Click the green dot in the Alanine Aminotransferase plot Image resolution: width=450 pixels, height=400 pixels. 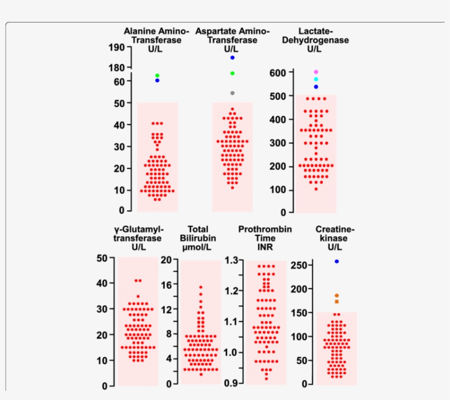(157, 76)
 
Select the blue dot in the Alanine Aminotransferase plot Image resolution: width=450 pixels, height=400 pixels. (157, 81)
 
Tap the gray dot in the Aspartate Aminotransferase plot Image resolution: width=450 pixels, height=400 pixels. (233, 93)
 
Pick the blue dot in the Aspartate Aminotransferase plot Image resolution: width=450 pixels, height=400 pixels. (233, 58)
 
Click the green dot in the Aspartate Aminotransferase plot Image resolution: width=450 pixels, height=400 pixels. (233, 73)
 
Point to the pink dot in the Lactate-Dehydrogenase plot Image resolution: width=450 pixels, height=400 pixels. (316, 72)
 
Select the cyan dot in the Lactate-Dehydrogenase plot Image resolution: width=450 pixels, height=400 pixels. (316, 79)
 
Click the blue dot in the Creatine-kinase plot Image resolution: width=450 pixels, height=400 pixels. (337, 261)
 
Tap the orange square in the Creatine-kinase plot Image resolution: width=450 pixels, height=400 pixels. (337, 301)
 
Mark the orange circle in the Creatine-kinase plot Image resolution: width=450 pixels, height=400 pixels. (337, 296)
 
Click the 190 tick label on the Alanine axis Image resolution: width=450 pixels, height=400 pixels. (116, 48)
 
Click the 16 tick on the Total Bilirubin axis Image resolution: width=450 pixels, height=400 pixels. (166, 284)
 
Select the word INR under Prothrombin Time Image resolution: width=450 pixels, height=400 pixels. (265, 247)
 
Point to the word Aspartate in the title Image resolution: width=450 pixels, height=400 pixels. (215, 32)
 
